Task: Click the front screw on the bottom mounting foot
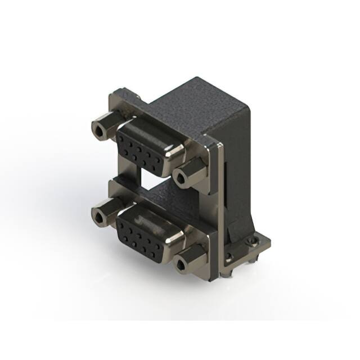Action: tap(228, 258)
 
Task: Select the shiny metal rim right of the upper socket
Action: tap(176, 150)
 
